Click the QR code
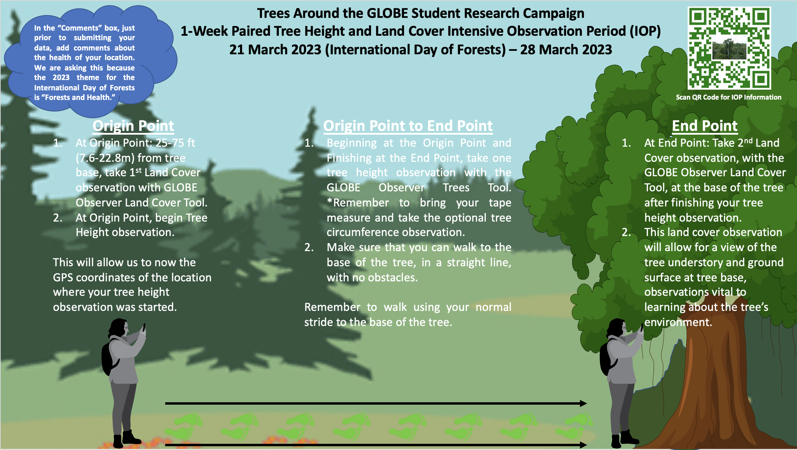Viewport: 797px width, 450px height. pyautogui.click(x=729, y=48)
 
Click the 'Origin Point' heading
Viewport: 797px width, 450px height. pyautogui.click(x=133, y=126)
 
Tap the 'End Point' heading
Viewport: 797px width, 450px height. pyautogui.click(x=705, y=126)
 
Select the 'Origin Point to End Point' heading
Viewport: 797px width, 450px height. pyautogui.click(x=408, y=126)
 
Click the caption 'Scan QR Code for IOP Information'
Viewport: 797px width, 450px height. pyautogui.click(x=729, y=97)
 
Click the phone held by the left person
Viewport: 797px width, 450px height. pyautogui.click(x=144, y=327)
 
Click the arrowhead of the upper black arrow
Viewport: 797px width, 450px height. pyautogui.click(x=583, y=403)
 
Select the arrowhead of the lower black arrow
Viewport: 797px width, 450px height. pyautogui.click(x=583, y=445)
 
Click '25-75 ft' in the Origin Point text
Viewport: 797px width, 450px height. pyautogui.click(x=175, y=143)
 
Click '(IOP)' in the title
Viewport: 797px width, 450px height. pyautogui.click(x=645, y=31)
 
